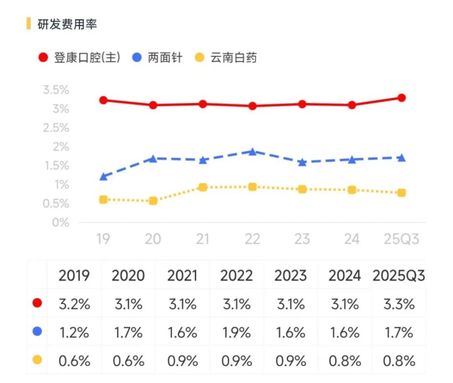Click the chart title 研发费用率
click(x=67, y=24)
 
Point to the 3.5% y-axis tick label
click(x=56, y=90)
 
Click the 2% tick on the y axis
click(x=60, y=147)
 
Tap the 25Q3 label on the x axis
click(x=401, y=239)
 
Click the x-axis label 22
click(x=252, y=239)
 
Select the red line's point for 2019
click(x=103, y=100)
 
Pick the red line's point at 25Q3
click(x=401, y=98)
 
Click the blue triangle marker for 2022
click(x=252, y=152)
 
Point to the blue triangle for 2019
click(x=103, y=177)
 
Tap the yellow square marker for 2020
click(x=153, y=201)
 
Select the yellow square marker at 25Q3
click(x=401, y=193)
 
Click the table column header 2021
click(x=182, y=276)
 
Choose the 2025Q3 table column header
click(x=398, y=276)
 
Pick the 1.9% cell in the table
click(x=237, y=333)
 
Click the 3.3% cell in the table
click(x=398, y=304)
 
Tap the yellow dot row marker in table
click(x=37, y=360)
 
